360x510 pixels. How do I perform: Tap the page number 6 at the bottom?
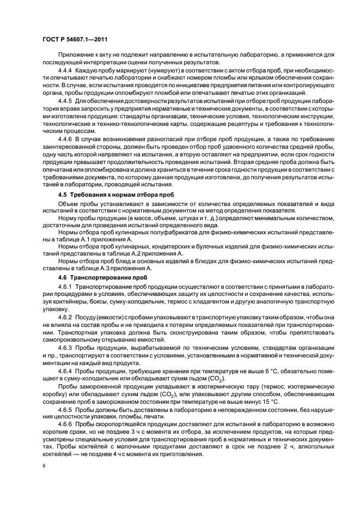coord(44,465)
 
